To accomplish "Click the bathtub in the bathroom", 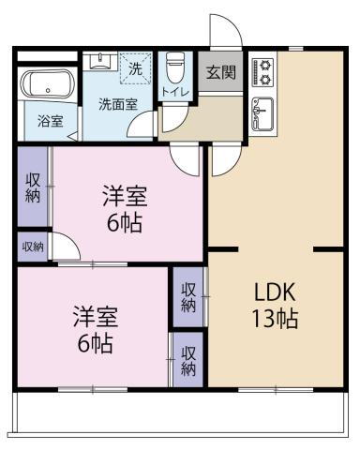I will point(48,85).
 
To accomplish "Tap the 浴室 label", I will point(50,121).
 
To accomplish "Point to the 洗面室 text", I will point(119,104).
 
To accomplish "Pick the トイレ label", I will point(174,92).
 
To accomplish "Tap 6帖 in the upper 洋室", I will point(125,225).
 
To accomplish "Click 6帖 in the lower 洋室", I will point(95,343).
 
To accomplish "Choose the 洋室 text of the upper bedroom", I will point(125,199).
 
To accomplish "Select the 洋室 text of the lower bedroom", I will point(95,317).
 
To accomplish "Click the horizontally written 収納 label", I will point(33,247).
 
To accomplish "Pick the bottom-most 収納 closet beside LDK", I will point(188,360).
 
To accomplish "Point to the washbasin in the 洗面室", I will point(99,61).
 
